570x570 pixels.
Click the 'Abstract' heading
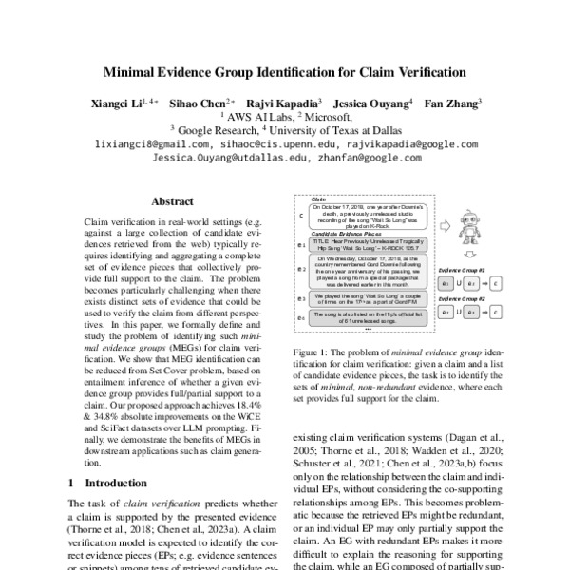coord(174,201)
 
